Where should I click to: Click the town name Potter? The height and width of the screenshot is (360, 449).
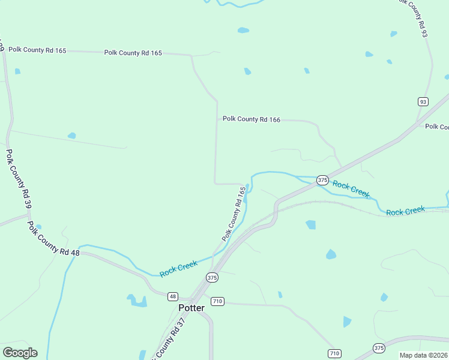coord(191,308)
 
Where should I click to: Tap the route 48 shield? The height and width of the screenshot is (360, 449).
coord(173,296)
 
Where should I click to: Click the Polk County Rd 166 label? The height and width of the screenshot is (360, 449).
coord(252,119)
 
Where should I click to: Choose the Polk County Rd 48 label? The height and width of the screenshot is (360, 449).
coord(53,238)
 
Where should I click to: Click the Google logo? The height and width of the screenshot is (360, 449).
coord(20,353)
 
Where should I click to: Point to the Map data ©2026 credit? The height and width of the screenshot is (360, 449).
coord(423,355)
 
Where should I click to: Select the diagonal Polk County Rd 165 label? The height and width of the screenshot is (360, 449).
coord(235,214)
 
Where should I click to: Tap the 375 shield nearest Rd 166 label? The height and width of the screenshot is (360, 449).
coord(322,180)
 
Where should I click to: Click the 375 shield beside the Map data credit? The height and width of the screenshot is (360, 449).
coord(379,347)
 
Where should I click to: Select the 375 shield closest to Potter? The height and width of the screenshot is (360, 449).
coord(212,277)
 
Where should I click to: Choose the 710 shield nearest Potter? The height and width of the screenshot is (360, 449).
coord(217,301)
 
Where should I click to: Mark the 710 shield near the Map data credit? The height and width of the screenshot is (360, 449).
coord(335,353)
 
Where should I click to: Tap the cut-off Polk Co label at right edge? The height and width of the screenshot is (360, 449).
coord(436,127)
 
